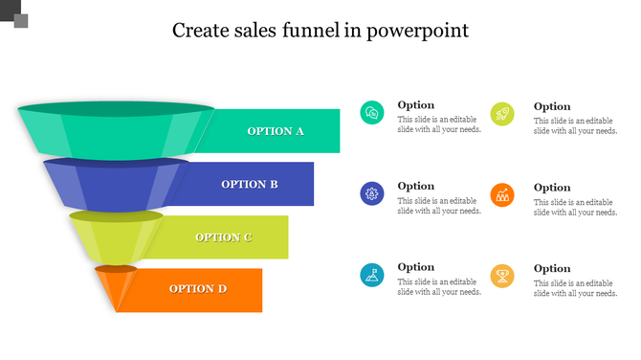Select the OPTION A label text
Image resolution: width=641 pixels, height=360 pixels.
(276, 131)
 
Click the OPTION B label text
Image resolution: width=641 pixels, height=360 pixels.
(250, 184)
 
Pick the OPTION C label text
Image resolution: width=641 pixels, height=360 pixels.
(224, 236)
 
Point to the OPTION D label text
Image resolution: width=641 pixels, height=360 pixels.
(198, 288)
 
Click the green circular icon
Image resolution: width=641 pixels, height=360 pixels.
(372, 113)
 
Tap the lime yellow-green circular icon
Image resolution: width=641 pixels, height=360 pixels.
(502, 114)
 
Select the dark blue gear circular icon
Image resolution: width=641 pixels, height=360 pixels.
(372, 194)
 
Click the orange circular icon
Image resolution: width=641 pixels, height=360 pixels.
(502, 195)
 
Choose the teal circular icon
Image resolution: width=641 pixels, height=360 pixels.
(372, 276)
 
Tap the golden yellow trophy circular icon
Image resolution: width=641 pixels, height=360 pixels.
(502, 277)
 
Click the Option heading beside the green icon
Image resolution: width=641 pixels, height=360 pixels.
(416, 105)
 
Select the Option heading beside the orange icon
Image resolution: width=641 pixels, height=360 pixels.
(552, 188)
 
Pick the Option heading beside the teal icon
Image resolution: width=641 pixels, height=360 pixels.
(416, 267)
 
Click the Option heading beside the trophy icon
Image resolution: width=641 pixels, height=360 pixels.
(552, 269)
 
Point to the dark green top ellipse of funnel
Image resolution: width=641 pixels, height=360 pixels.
(116, 108)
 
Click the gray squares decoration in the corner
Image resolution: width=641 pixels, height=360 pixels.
(14, 14)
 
